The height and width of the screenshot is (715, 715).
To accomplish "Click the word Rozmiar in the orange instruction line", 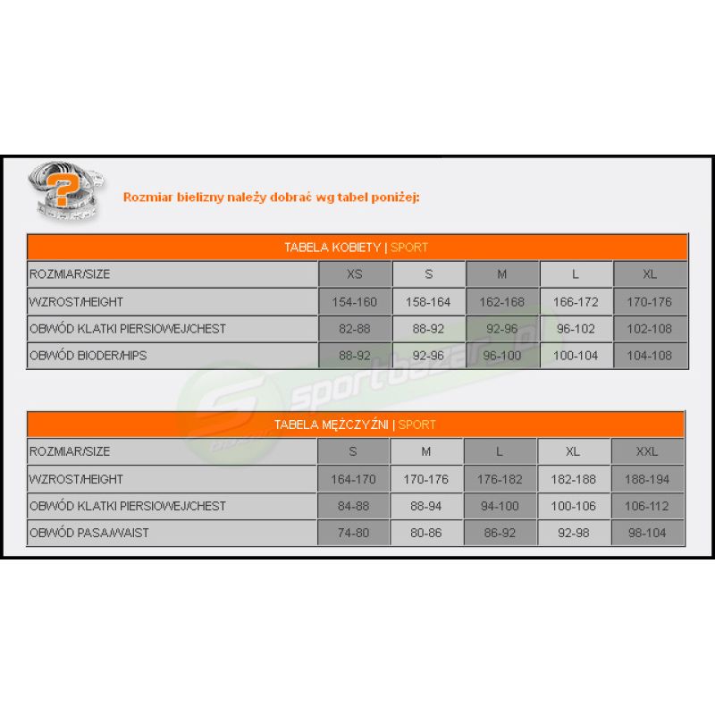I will (143, 197).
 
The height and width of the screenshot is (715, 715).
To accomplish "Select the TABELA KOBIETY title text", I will (333, 248).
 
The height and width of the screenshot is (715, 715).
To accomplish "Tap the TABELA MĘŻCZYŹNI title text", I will (332, 425).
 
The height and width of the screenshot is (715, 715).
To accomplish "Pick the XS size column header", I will (355, 274).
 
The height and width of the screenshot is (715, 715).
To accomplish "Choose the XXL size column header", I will (648, 451).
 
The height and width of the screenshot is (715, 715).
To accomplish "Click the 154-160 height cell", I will (355, 302).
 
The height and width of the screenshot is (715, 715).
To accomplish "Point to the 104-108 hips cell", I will (650, 356).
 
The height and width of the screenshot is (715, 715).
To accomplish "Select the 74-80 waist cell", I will (354, 533).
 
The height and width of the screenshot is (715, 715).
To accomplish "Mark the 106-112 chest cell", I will (648, 506).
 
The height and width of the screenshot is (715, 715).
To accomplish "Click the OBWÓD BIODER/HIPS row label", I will (88, 356).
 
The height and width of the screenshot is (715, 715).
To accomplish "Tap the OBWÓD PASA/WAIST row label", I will (88, 533).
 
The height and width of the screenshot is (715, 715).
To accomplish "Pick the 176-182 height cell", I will (500, 479).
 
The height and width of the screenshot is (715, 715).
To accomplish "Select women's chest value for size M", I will (502, 329).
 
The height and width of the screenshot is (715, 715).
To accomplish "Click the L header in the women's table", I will (576, 274).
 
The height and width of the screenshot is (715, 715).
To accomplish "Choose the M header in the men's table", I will (426, 451).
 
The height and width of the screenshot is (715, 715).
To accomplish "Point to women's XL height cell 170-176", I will (650, 302).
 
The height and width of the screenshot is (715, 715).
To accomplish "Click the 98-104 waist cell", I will (648, 533).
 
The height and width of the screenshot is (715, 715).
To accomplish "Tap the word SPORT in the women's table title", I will (409, 248).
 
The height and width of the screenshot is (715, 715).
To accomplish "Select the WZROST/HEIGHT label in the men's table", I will (76, 479).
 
